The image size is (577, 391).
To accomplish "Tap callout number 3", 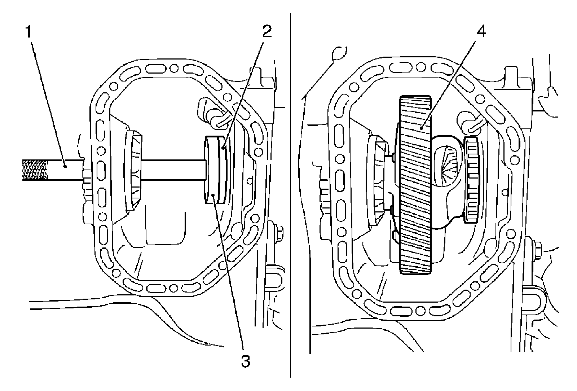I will coord(245,361).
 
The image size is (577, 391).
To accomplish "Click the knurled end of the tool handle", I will coord(35,170).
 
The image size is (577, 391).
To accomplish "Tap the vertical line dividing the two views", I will coord(290,195).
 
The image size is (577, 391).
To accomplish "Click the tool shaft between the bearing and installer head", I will coord(173,170).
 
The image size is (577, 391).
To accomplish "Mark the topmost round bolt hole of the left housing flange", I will coord(173,68).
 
